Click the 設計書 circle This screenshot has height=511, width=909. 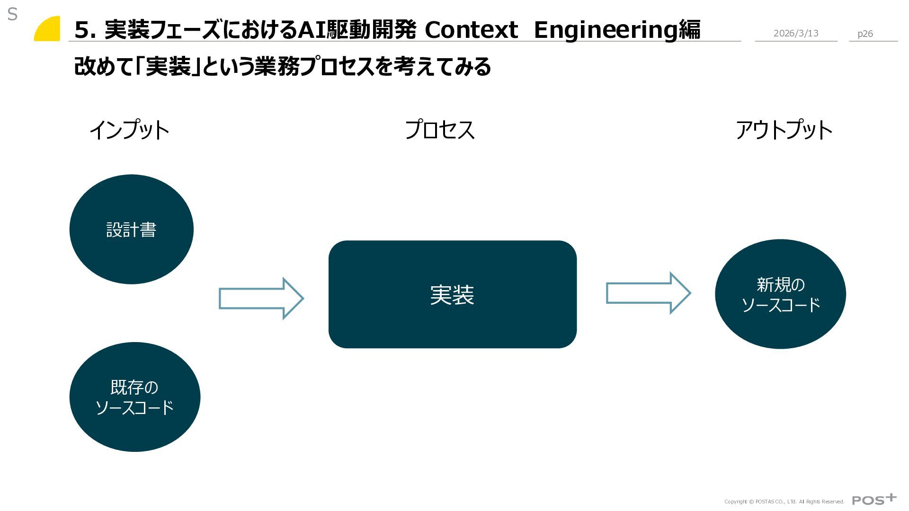click(131, 229)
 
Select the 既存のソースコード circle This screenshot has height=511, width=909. click(134, 397)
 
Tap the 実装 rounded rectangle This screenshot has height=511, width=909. click(452, 294)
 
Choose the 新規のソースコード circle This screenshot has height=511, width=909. click(780, 294)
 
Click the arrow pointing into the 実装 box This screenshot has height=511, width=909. click(261, 299)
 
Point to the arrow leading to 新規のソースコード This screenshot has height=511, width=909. click(648, 293)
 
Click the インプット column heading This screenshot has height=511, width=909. click(129, 130)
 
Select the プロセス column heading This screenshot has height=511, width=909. click(439, 130)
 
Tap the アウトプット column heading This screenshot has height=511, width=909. click(784, 130)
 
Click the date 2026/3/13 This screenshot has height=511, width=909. click(796, 33)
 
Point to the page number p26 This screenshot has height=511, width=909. click(865, 34)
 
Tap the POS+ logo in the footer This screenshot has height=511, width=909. click(874, 500)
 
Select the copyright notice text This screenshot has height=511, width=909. click(784, 502)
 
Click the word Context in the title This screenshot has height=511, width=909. click(471, 30)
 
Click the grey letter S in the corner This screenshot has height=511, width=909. click(12, 15)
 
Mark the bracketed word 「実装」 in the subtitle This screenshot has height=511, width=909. click(168, 67)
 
